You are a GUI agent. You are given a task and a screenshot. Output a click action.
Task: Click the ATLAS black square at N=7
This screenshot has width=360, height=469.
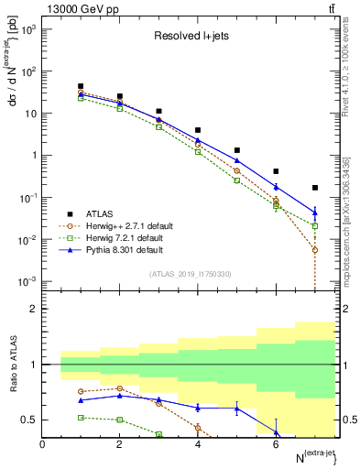(x=315, y=188)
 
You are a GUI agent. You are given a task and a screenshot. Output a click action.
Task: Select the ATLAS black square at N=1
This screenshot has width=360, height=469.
(x=82, y=86)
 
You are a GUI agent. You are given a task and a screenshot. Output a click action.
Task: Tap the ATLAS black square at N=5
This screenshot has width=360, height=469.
(x=237, y=150)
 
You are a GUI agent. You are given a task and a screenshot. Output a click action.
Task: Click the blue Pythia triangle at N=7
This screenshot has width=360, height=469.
(x=315, y=213)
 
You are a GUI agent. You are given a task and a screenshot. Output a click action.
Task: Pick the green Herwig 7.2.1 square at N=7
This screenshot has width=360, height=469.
(x=315, y=225)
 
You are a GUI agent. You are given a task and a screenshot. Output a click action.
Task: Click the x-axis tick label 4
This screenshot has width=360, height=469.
(x=198, y=445)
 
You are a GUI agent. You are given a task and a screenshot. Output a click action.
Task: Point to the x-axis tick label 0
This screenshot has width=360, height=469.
(x=43, y=445)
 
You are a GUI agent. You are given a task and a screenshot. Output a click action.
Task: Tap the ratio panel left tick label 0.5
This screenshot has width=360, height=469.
(x=32, y=420)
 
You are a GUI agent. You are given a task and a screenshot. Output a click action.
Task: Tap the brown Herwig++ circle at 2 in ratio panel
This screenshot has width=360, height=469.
(x=120, y=388)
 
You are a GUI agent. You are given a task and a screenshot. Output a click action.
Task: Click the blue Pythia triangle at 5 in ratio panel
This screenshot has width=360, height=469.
(x=237, y=409)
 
